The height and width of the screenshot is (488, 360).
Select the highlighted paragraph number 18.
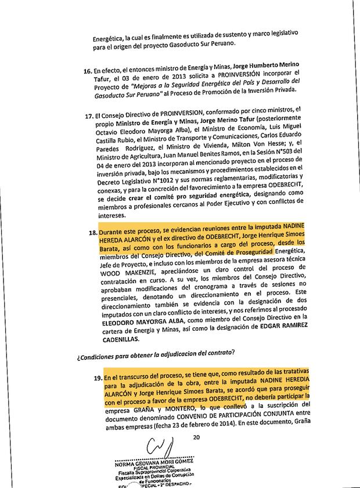(x=92, y=233)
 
